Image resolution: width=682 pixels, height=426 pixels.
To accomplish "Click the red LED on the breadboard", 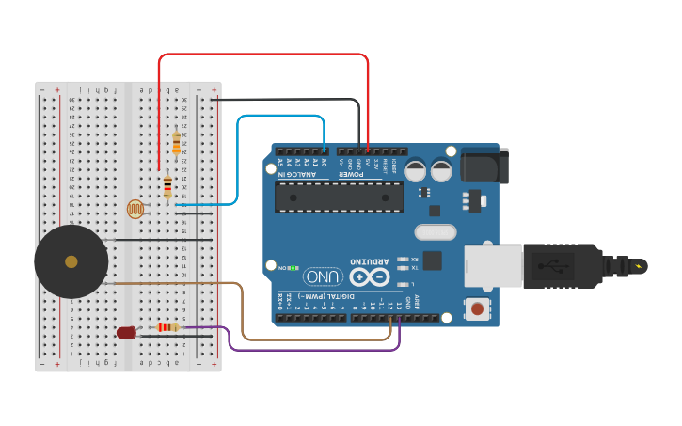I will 126,332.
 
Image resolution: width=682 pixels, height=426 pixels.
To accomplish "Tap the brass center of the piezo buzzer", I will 71,261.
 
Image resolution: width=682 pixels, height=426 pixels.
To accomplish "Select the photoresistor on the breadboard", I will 136,209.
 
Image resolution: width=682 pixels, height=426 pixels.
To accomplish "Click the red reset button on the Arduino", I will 478,308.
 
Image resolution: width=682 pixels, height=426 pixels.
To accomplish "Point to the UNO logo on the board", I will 323,277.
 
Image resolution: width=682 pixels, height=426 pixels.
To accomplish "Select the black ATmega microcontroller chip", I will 339,197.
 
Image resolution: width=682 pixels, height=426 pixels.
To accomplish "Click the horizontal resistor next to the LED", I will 168,327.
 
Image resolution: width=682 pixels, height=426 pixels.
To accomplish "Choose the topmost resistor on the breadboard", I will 176,143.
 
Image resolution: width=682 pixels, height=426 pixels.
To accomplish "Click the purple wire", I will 310,349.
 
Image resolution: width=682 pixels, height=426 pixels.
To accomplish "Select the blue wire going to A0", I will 282,117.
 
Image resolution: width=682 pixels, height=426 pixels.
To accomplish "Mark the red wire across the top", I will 263,55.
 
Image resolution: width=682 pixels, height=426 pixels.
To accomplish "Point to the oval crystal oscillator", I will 435,232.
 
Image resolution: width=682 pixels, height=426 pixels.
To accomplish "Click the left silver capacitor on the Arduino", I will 415,170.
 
